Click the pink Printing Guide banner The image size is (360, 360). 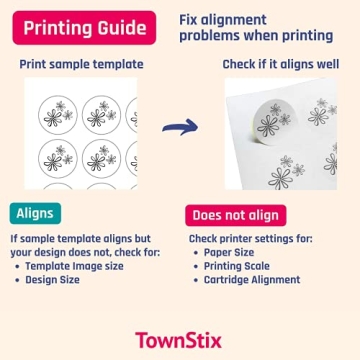(x=84, y=27)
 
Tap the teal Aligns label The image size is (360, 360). (x=37, y=213)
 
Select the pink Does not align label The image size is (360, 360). (x=235, y=215)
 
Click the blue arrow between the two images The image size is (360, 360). (x=180, y=127)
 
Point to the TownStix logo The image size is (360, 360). (x=180, y=339)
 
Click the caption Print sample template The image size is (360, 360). (x=81, y=64)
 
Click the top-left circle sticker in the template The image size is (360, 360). (x=57, y=114)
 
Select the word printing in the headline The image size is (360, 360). (x=303, y=35)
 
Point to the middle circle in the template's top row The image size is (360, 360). (x=102, y=114)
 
